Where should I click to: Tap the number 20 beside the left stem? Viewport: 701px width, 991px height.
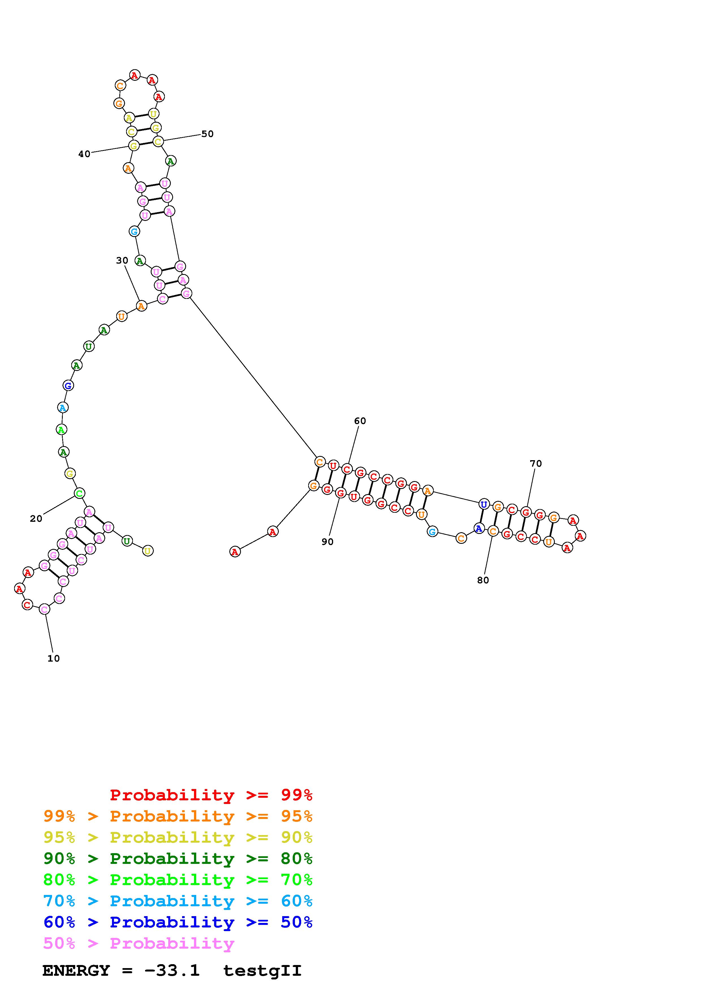(x=36, y=519)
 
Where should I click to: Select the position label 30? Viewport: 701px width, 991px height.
(x=122, y=261)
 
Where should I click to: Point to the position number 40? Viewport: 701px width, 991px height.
(x=84, y=154)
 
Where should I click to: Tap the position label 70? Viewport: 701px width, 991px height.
(x=536, y=464)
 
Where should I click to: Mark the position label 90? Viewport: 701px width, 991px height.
(x=327, y=542)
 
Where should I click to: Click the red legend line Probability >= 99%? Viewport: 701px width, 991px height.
(x=211, y=795)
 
